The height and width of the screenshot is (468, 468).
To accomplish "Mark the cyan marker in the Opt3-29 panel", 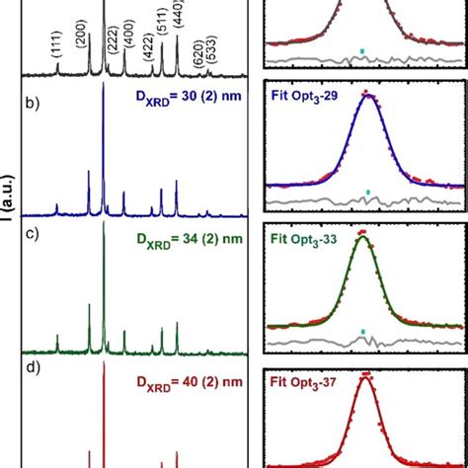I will [368, 191].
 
